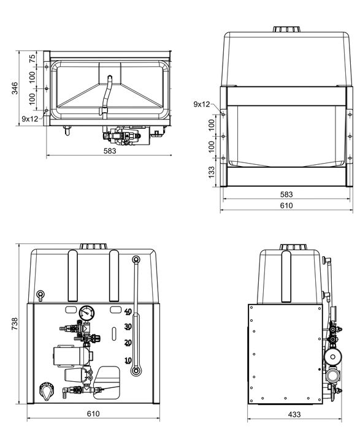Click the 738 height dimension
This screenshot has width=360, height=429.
click(14, 324)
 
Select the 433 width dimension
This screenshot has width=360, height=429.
click(286, 415)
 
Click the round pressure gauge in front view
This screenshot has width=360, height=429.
click(86, 313)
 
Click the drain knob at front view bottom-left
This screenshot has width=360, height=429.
click(45, 390)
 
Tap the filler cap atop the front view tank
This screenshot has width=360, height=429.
click(94, 246)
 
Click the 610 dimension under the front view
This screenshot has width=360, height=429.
click(94, 415)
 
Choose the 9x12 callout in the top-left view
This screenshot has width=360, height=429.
click(30, 118)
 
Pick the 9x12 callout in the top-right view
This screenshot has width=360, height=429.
click(201, 104)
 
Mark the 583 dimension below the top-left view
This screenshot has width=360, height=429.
click(110, 150)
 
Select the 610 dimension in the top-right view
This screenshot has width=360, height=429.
click(286, 206)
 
